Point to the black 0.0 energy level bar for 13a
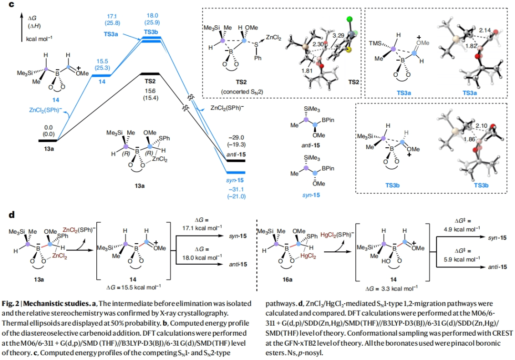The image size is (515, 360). (x=48, y=140)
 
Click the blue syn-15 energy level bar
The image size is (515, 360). (x=236, y=172)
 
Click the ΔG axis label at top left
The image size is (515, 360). (x=32, y=17)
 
